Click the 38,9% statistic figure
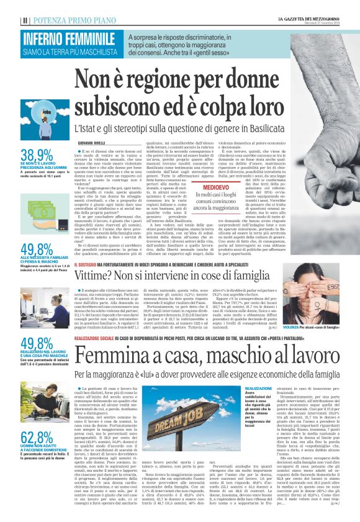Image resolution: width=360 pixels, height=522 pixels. coord(37,155)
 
